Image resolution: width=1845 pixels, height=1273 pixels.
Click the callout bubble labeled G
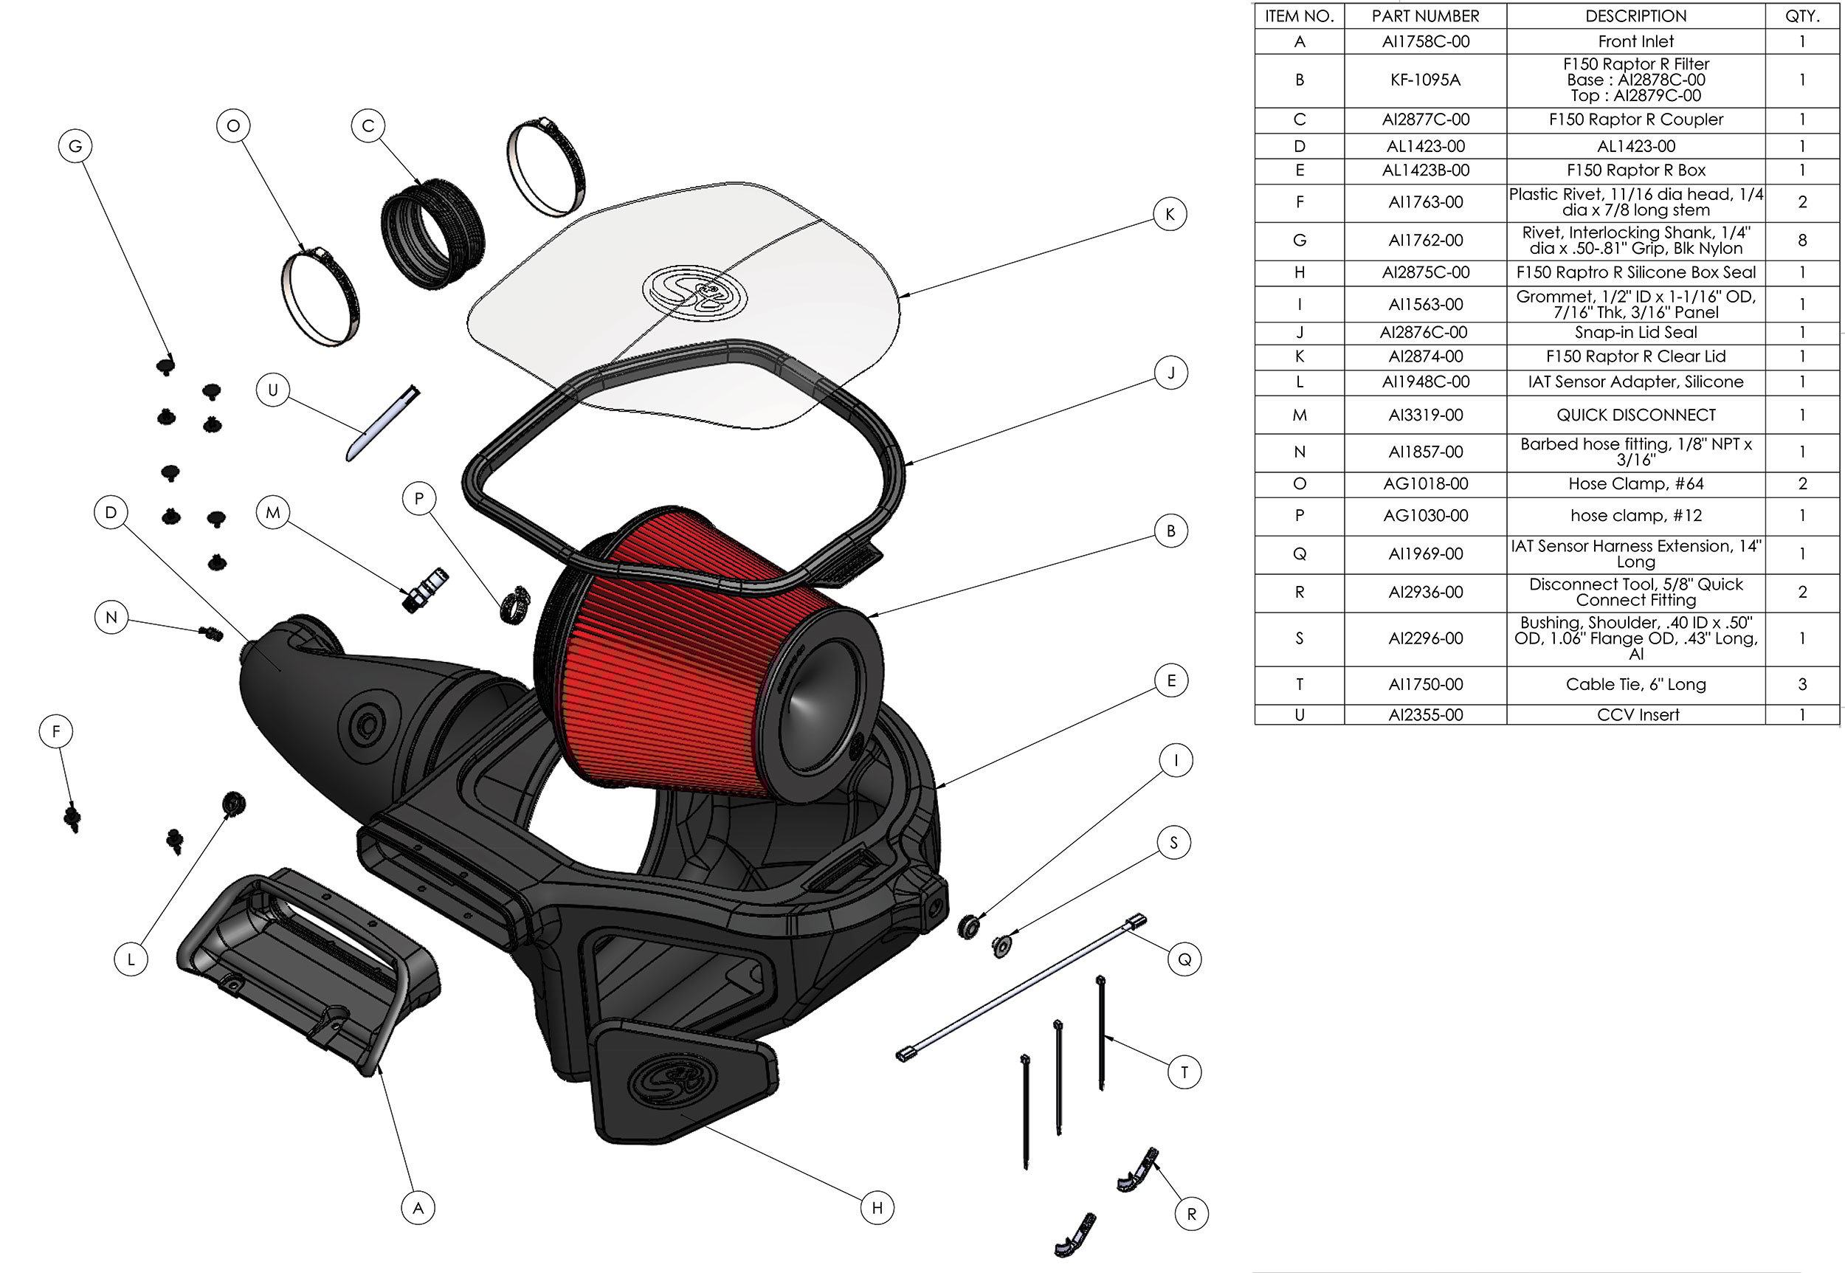click(x=75, y=146)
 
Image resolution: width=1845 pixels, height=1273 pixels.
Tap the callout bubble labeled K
click(x=1170, y=214)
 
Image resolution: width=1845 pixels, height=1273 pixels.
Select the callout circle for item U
click(x=273, y=390)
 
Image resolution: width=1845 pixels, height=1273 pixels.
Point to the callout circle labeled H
click(x=877, y=1207)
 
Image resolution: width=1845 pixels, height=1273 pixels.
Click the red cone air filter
click(x=686, y=670)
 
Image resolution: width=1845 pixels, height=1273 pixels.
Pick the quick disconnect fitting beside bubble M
click(x=426, y=590)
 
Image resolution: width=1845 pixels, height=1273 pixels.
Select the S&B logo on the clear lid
click(x=694, y=291)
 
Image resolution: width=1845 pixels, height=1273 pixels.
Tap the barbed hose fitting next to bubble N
click(x=211, y=633)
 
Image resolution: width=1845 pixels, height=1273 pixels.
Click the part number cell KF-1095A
click(x=1424, y=80)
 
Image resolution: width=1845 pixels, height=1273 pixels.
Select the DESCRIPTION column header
click(x=1635, y=16)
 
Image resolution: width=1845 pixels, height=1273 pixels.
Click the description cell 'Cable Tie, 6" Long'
click(x=1635, y=684)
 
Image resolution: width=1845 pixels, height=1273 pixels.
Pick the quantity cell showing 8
click(x=1802, y=240)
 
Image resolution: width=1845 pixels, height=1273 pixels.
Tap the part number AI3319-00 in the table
click(x=1424, y=415)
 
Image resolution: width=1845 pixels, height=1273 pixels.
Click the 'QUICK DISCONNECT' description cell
click(x=1635, y=415)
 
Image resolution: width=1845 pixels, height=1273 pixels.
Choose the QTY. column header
click(x=1802, y=16)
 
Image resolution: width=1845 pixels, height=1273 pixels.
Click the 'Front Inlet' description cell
click(x=1635, y=41)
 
